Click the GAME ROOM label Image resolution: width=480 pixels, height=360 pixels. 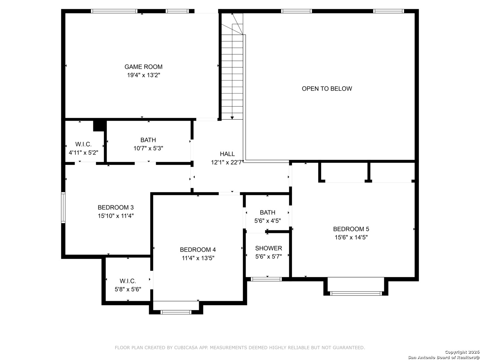pos(143,67)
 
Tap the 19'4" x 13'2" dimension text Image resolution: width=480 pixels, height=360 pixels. pos(143,75)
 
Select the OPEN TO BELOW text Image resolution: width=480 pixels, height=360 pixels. pos(327,89)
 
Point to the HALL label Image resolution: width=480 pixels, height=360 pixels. pos(227,154)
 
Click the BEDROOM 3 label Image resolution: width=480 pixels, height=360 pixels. pos(115,207)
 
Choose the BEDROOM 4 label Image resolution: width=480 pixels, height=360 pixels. pos(198,249)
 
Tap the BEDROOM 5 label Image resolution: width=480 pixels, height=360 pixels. pos(351,229)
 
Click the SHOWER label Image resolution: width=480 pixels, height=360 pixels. pos(268,248)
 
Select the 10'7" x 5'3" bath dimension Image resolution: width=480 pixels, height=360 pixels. pos(148,148)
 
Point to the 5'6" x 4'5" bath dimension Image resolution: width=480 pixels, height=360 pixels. pos(267,221)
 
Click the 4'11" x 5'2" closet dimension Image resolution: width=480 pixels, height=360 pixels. pos(83,153)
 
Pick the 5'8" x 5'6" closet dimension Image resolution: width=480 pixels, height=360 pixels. pos(128,289)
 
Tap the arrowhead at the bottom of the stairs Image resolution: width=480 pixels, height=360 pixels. pos(232,118)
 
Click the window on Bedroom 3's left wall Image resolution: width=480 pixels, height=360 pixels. pos(63,207)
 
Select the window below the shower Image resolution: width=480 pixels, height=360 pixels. pos(266,279)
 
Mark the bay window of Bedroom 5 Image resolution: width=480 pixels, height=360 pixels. pos(356,293)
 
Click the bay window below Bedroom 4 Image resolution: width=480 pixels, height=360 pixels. pos(176,312)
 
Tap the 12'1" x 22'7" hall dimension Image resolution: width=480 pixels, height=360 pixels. pos(227,162)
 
